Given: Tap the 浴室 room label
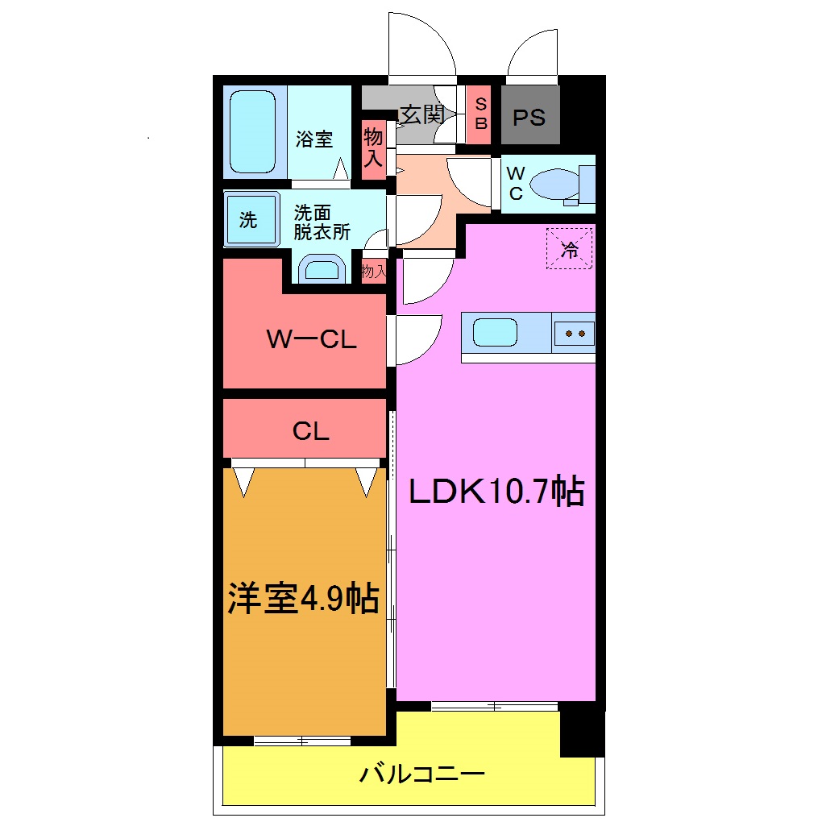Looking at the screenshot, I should click(314, 139).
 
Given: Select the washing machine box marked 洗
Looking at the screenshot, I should click(249, 220).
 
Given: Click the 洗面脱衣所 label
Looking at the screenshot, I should click(321, 223).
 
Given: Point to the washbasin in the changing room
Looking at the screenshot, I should click(322, 270).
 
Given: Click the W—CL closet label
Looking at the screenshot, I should click(311, 340).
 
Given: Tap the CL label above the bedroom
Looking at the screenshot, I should click(311, 432).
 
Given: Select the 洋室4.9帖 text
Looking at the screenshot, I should click(303, 598).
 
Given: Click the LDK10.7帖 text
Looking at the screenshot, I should click(496, 491).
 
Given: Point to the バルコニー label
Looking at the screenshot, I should click(421, 775).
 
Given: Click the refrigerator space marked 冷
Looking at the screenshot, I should click(570, 249).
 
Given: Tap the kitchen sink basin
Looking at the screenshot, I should click(495, 332).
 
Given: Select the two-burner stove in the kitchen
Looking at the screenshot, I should click(575, 333).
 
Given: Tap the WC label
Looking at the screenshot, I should click(516, 183).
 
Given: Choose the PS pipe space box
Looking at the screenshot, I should click(529, 118).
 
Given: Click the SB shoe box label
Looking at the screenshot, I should click(480, 114).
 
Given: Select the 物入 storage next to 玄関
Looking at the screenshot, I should click(372, 145).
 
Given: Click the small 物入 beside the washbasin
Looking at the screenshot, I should click(374, 272).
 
